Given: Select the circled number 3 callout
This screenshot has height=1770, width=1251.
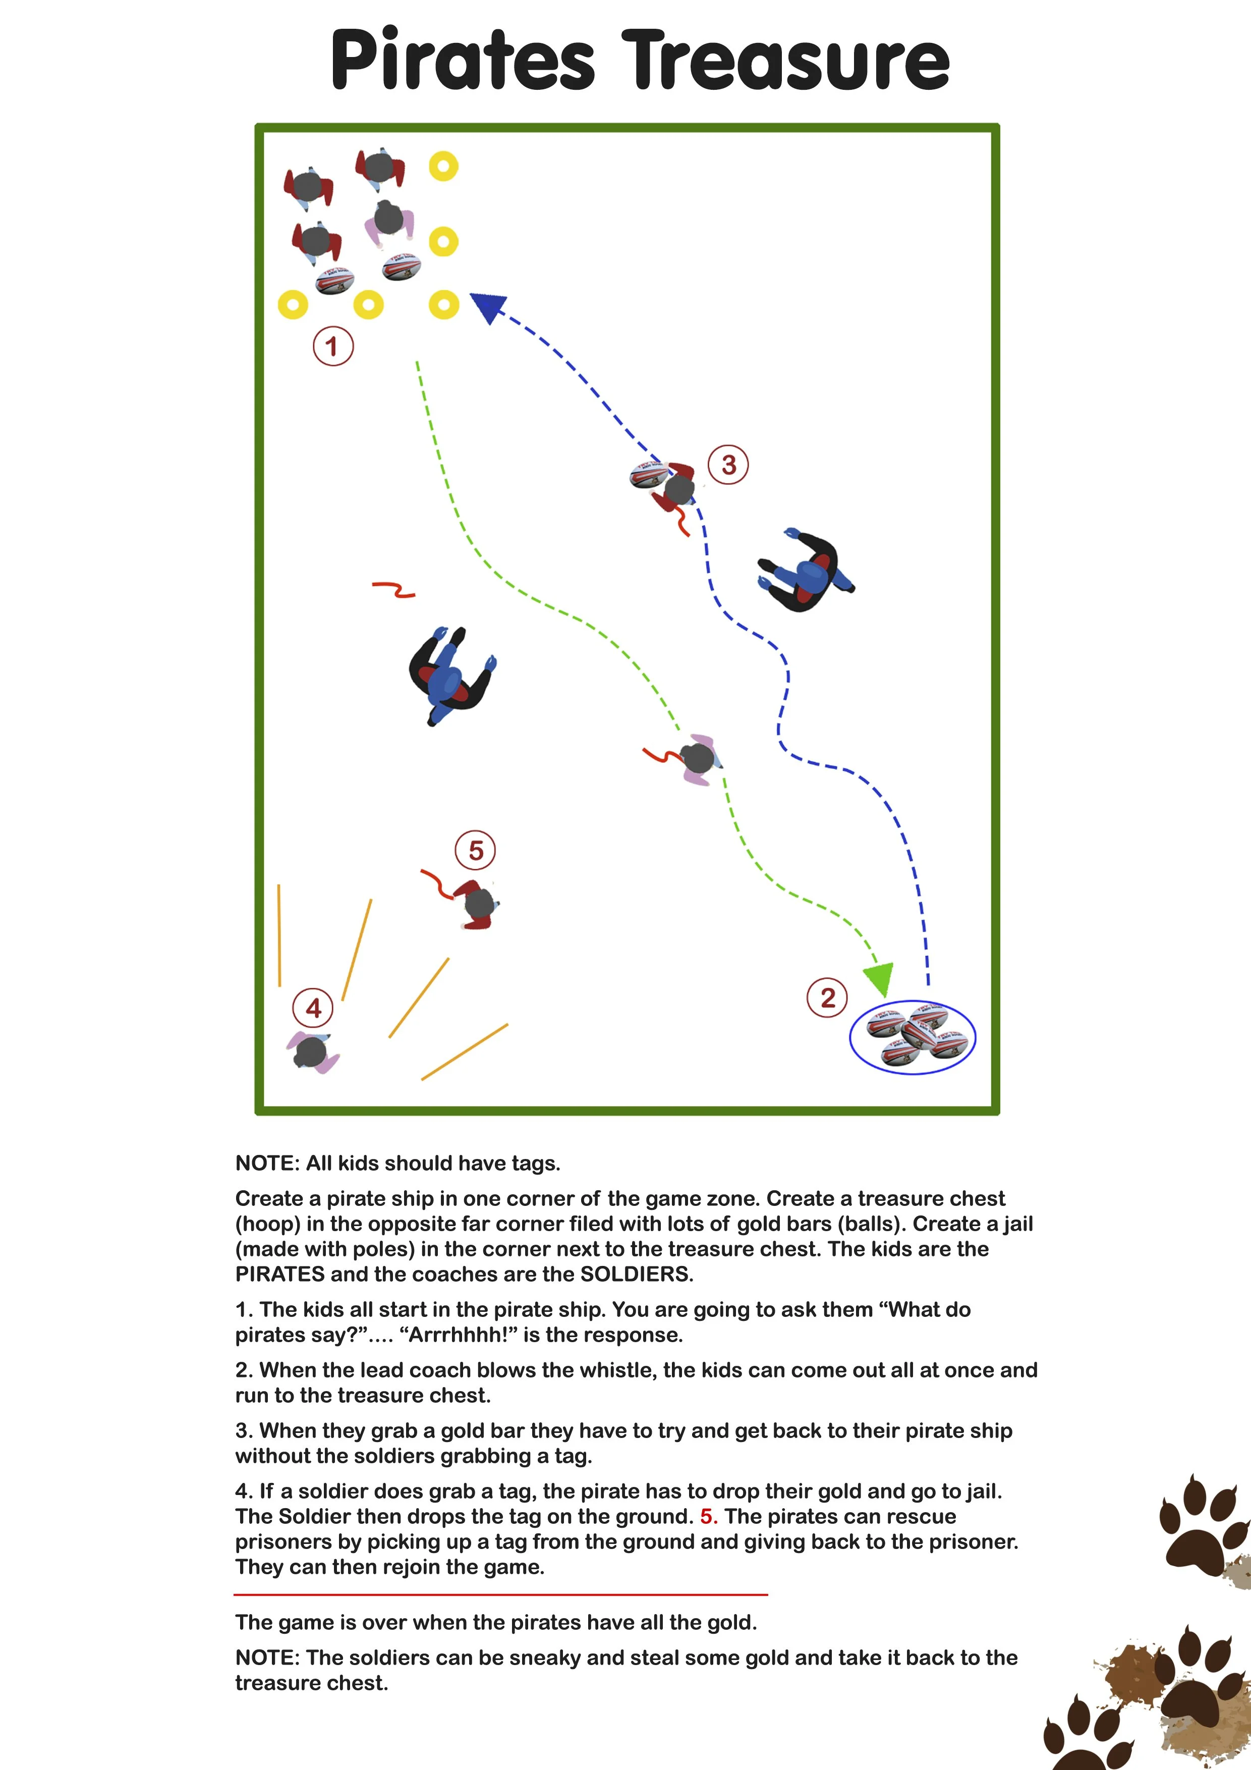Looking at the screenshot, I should pos(728,464).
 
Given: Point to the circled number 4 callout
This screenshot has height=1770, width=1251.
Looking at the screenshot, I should pos(313,1008).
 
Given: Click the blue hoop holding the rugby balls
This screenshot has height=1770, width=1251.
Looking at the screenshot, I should pos(913,1037).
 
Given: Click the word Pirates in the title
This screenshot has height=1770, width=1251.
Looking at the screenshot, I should pos(463,60).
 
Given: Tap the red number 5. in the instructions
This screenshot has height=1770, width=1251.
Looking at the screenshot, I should pos(708,1516).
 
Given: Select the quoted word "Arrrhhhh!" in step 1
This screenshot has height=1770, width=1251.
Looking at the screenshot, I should pos(455,1335).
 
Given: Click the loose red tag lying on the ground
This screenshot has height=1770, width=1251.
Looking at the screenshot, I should pos(394,590).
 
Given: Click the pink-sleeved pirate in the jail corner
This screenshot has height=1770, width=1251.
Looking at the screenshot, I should pos(313,1053).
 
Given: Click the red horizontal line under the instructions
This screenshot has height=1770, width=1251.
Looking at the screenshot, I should pos(501,1593).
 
